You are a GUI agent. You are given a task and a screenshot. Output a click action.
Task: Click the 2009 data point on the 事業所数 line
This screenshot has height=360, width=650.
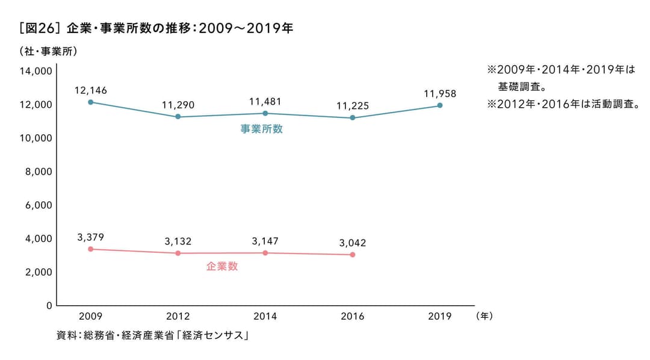point(90,102)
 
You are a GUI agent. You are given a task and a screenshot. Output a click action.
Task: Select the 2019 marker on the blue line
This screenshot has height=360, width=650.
point(440,105)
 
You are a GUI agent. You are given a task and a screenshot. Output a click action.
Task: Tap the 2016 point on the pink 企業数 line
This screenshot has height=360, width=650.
point(353,255)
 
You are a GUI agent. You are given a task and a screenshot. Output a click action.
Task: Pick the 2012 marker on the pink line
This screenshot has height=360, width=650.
point(178,253)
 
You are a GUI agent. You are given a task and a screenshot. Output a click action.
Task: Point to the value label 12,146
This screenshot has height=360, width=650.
point(90,90)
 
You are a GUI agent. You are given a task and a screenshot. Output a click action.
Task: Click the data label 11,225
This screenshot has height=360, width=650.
point(353,106)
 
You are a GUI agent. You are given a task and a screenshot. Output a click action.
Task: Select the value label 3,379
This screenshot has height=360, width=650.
point(90,237)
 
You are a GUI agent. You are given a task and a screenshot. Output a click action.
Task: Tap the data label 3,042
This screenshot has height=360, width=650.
point(353,243)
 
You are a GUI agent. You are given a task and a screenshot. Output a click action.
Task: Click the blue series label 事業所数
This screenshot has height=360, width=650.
point(262,129)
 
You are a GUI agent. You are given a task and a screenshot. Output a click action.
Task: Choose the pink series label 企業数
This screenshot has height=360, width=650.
point(222,266)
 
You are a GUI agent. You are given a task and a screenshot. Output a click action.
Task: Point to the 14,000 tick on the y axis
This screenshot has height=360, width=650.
point(36,71)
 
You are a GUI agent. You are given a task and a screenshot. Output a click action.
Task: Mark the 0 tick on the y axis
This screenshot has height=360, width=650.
point(49,305)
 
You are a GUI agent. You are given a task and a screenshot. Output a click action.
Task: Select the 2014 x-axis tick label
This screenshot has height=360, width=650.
point(265,317)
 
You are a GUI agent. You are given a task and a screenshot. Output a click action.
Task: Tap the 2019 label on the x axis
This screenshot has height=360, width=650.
point(440,317)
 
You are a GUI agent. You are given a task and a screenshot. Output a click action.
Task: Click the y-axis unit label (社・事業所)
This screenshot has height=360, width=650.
point(49,51)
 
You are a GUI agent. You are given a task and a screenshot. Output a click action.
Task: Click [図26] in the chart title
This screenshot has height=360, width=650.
point(37,28)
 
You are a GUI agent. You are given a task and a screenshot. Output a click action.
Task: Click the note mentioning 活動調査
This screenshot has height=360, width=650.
point(563,104)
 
